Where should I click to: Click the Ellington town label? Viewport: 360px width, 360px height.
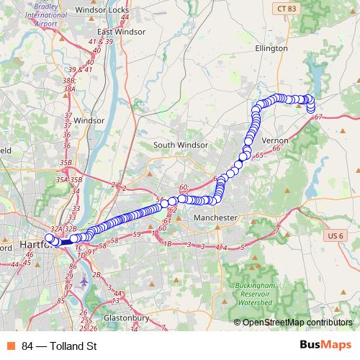tap(271, 48)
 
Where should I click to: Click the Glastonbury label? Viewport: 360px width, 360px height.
tap(126, 318)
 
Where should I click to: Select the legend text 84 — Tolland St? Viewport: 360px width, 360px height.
tap(59, 346)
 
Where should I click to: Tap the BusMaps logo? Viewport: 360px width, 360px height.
tap(326, 346)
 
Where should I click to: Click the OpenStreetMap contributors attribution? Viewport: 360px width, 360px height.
tap(297, 323)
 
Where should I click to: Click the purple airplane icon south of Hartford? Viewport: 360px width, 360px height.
tap(85, 281)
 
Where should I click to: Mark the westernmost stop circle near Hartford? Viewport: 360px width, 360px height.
tap(49, 238)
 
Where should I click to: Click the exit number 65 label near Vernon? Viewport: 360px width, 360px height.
tap(259, 155)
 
